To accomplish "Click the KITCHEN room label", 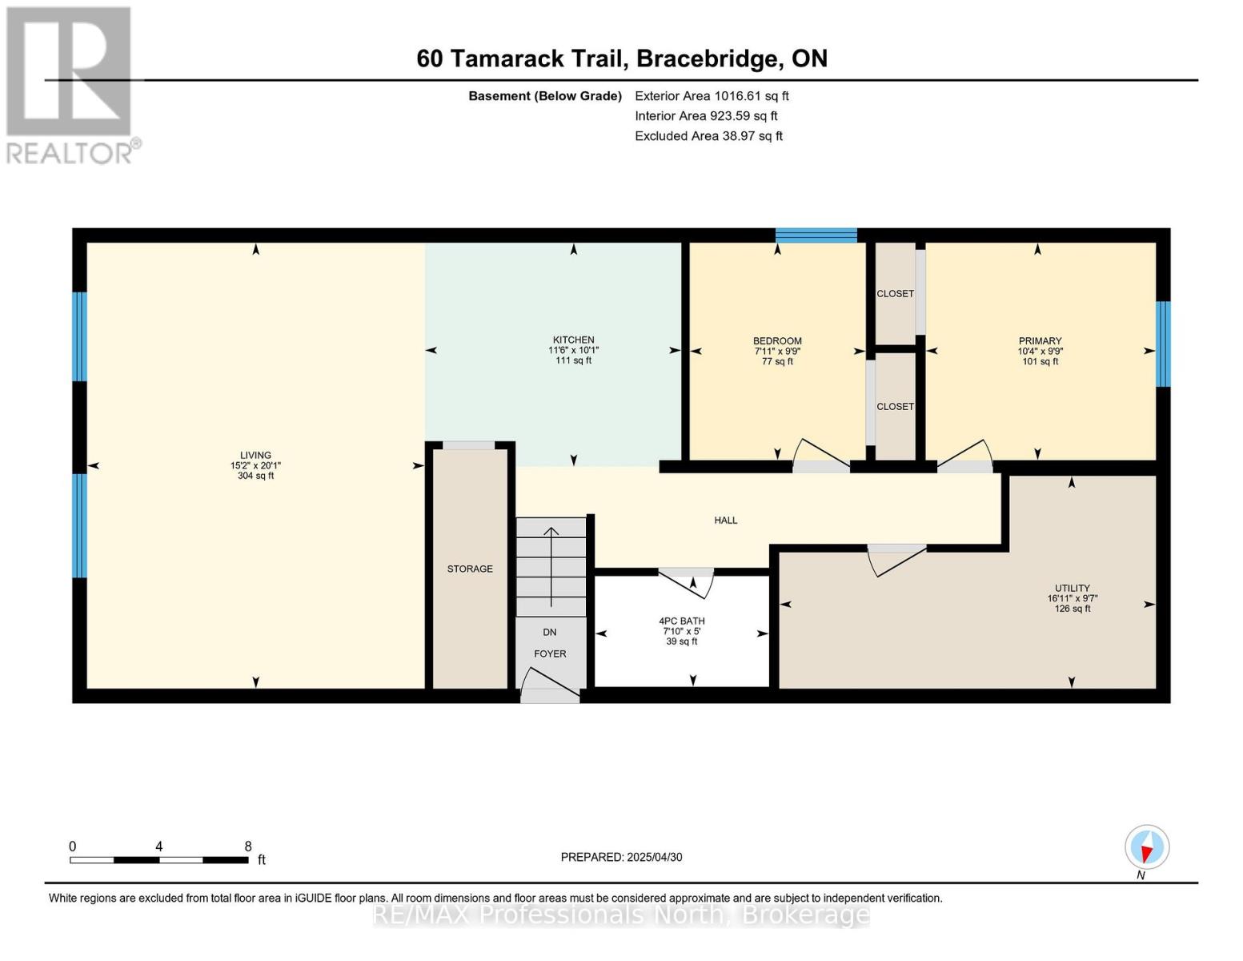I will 573,340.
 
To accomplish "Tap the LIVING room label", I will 255,455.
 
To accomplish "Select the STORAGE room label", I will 470,569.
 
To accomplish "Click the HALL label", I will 725,521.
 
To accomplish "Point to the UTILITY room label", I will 1072,588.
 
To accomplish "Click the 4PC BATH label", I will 682,621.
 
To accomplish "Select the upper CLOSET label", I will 895,294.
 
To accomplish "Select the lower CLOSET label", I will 895,407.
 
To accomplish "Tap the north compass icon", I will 1147,847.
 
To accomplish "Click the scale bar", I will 158,859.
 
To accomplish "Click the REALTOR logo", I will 69,84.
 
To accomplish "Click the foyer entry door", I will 549,689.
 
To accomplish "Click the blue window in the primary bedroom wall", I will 1163,344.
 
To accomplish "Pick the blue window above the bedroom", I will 816,235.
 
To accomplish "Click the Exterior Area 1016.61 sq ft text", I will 712,96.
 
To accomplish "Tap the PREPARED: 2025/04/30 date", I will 621,857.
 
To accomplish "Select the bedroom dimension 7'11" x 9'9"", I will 777,351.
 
